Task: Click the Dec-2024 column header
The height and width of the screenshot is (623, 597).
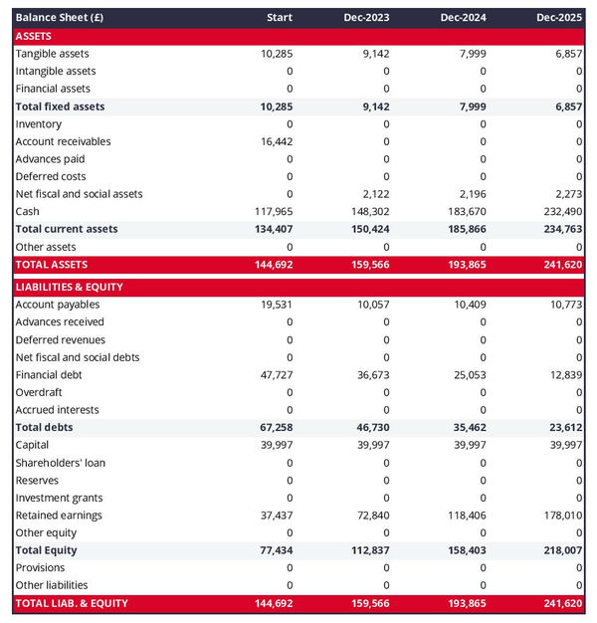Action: [x=463, y=18]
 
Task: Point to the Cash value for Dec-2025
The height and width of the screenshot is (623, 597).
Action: [x=561, y=211]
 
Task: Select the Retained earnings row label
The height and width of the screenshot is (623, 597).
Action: [x=59, y=515]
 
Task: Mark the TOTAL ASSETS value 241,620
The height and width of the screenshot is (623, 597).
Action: [x=561, y=265]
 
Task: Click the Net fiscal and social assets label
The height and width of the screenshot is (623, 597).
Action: [x=79, y=193]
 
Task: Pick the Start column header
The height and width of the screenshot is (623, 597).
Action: [x=280, y=18]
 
